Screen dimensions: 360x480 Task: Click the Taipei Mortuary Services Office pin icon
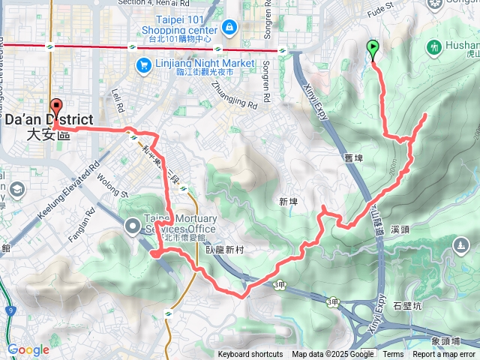tap(133, 225)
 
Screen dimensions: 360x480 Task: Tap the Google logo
tap(28, 349)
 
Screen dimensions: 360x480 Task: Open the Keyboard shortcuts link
tap(250, 355)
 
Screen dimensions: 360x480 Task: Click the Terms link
tap(393, 355)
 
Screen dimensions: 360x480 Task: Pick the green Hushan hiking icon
tap(435, 48)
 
